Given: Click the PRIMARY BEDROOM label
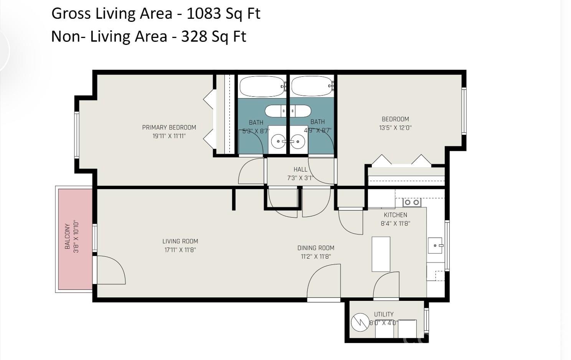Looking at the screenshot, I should [x=169, y=127].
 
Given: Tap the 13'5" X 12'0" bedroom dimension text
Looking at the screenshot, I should [x=395, y=128].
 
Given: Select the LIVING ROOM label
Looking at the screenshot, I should [x=180, y=241].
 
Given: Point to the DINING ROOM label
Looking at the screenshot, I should [x=316, y=248].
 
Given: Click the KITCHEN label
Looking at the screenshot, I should [x=395, y=215].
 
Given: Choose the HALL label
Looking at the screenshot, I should [x=300, y=169].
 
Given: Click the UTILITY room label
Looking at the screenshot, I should [x=384, y=314].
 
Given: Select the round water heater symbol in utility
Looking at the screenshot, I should [x=360, y=322].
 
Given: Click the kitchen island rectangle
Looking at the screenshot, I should [x=381, y=254].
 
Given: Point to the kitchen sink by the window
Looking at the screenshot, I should [x=435, y=245].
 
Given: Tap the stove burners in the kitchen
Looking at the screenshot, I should [x=412, y=202].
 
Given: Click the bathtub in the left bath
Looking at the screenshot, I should [x=262, y=86].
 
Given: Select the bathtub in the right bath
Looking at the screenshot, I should [x=311, y=86].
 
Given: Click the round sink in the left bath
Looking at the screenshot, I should [x=278, y=142].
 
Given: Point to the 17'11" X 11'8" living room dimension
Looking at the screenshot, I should [x=180, y=250].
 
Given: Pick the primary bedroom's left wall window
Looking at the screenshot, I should [x=77, y=135].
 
